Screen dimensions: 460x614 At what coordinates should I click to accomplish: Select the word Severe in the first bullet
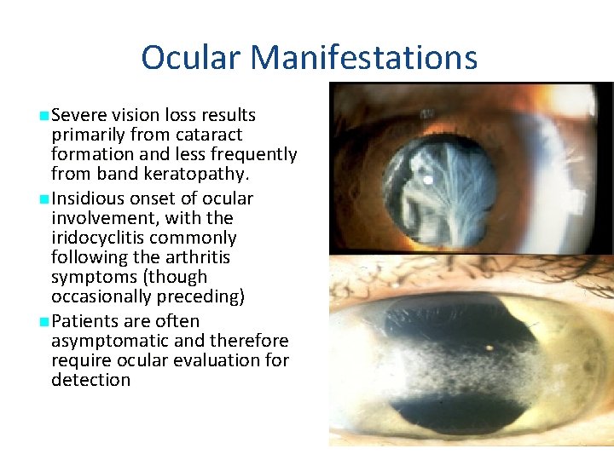[x=78, y=115]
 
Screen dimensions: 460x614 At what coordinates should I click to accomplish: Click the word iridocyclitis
[x=100, y=238]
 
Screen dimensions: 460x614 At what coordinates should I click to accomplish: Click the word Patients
[x=84, y=321]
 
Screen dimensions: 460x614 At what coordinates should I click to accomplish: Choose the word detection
[x=90, y=380]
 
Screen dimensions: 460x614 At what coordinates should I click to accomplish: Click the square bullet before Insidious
[x=43, y=198]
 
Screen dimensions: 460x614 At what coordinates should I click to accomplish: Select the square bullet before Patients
[x=43, y=321]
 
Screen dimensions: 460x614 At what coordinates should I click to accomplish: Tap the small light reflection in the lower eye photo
[x=489, y=348]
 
